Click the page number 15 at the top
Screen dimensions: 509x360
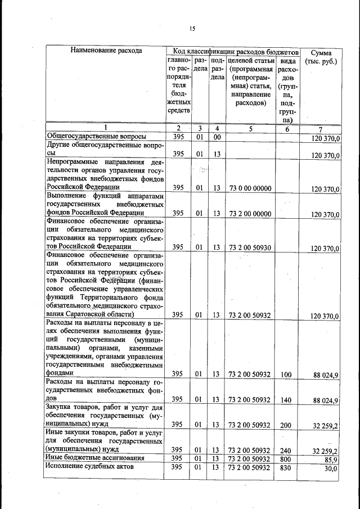coord(191,29)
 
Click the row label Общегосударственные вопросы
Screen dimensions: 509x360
coord(96,137)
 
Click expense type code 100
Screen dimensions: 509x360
coord(286,373)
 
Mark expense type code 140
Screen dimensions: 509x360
coord(286,399)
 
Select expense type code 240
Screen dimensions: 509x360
coord(286,450)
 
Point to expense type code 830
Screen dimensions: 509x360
coord(286,467)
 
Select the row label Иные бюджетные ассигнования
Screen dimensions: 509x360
coord(93,458)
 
